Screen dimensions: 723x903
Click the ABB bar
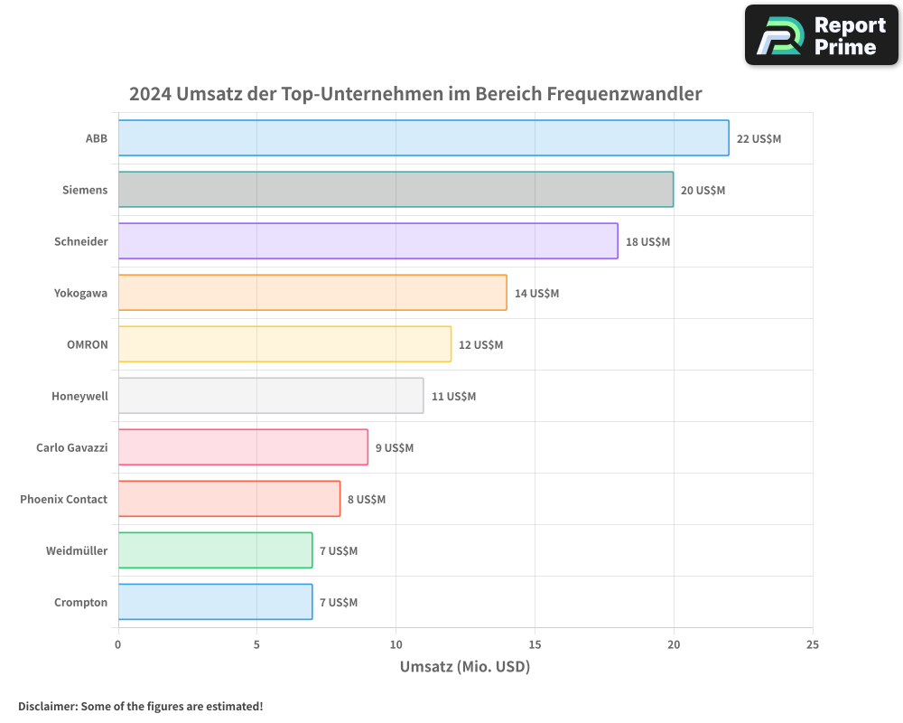[423, 138]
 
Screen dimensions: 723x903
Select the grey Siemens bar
[396, 190]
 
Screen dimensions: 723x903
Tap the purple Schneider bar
[368, 241]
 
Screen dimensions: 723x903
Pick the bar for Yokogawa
[312, 293]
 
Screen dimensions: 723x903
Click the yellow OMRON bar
[284, 344]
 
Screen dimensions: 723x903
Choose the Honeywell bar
[270, 396]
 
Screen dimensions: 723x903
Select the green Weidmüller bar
[215, 550]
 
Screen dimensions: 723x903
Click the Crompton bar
[215, 602]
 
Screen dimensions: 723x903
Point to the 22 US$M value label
[759, 139]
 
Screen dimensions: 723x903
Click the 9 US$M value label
[395, 448]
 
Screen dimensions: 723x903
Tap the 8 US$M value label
[367, 500]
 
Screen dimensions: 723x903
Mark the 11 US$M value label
[453, 397]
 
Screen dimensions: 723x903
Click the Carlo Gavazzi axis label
[71, 447]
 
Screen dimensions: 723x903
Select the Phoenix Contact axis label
[63, 499]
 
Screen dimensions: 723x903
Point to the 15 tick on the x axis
[535, 644]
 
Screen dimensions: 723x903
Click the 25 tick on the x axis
[812, 644]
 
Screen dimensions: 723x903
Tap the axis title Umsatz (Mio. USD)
[464, 667]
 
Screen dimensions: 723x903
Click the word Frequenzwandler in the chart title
[623, 94]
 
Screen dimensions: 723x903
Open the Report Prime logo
[821, 35]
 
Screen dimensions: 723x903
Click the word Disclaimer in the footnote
[46, 706]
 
